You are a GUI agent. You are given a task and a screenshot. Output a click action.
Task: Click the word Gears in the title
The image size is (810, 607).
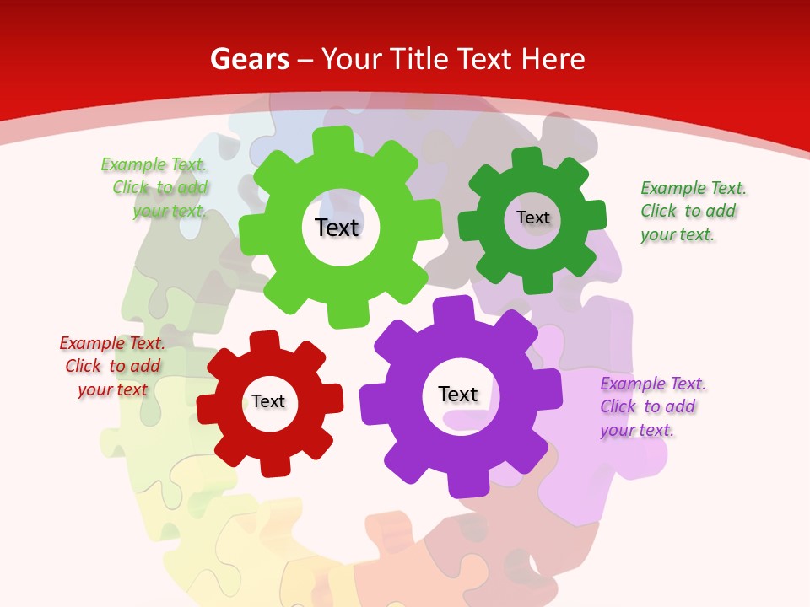[249, 59]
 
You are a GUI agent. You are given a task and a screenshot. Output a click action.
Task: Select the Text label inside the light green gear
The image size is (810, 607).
[337, 228]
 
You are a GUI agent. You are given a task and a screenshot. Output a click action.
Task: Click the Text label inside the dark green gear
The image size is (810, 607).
[532, 218]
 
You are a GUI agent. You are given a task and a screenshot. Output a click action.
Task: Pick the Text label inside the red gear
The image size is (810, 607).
[268, 401]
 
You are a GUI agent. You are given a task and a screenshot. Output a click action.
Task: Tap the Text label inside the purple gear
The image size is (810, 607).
[458, 394]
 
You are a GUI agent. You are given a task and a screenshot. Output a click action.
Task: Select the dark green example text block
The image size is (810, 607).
[692, 211]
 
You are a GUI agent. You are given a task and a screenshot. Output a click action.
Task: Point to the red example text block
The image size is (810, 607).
[112, 367]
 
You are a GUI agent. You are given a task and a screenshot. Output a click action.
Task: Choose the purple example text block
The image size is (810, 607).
[651, 406]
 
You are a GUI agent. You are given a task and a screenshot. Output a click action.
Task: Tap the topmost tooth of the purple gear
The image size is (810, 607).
[456, 309]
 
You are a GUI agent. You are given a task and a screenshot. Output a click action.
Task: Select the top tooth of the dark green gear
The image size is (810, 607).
[526, 158]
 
